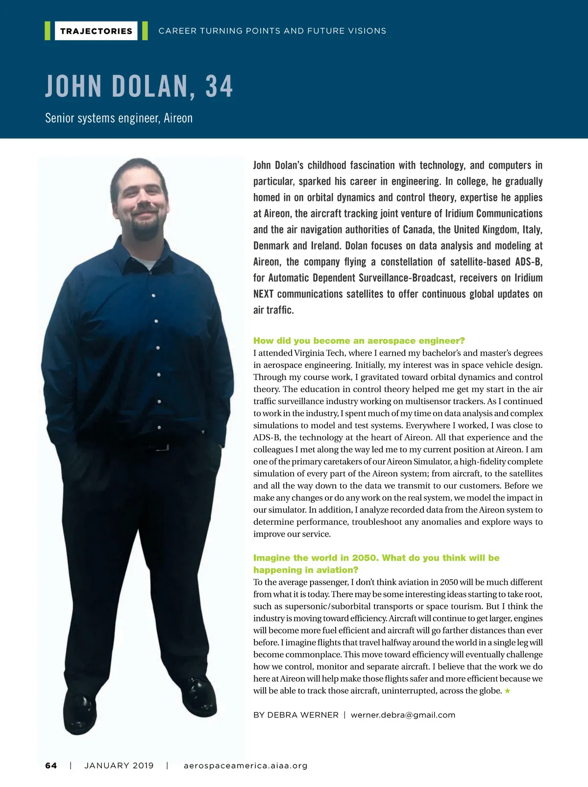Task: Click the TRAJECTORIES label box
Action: [x=96, y=31]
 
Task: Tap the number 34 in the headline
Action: [x=219, y=86]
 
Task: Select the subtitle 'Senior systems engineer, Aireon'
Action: [x=119, y=118]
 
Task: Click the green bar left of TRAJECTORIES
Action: [x=48, y=31]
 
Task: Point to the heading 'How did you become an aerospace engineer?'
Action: [x=359, y=341]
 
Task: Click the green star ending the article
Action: [x=508, y=691]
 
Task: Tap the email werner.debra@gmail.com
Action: [x=403, y=715]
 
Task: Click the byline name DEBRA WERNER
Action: [x=303, y=715]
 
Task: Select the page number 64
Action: [x=51, y=765]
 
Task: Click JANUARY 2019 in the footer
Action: [x=119, y=765]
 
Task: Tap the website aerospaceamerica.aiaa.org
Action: [x=245, y=765]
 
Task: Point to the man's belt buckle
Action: [x=161, y=447]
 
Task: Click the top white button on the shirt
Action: [x=153, y=295]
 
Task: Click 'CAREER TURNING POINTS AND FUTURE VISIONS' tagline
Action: [x=272, y=31]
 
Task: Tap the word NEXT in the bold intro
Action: [x=264, y=294]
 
